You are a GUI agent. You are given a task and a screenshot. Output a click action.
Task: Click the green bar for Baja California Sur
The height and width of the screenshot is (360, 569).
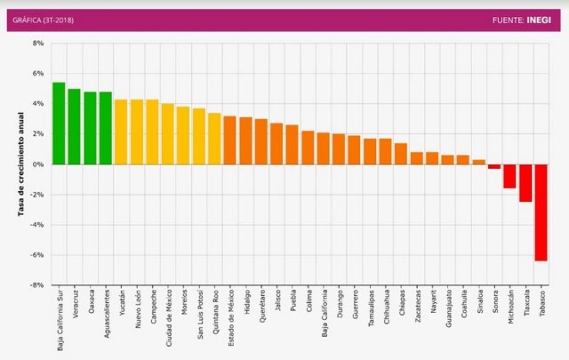59,124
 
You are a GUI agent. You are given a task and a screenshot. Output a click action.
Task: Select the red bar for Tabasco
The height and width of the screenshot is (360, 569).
541,212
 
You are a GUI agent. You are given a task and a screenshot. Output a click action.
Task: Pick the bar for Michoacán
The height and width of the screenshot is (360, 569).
509,176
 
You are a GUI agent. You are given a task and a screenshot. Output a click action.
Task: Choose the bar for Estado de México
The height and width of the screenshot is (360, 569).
229,140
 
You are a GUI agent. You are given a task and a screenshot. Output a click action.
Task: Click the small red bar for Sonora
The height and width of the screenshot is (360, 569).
494,167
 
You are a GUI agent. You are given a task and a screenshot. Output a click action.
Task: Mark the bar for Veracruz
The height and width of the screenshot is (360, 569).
74,126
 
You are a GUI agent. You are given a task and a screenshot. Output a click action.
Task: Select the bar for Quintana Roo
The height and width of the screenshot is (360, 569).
214,139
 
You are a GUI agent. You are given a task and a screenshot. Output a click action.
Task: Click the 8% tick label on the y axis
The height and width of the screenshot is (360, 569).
38,44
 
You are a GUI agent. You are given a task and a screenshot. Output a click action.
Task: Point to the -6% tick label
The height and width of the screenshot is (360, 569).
37,255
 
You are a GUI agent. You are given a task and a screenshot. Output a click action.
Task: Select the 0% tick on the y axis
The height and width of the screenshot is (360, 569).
38,164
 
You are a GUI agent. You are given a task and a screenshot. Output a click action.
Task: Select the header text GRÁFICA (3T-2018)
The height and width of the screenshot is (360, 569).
43,19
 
